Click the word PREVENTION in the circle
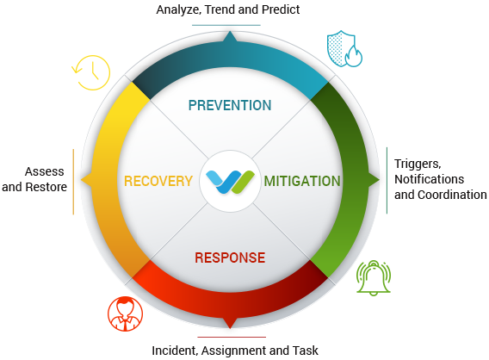click(230, 105)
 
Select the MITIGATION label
click(302, 181)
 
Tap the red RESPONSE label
click(230, 258)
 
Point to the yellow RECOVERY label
click(158, 181)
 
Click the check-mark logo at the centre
click(230, 182)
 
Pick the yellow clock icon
click(91, 72)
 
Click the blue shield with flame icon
click(344, 49)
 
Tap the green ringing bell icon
click(374, 277)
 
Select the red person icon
click(126, 313)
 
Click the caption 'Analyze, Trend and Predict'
click(228, 9)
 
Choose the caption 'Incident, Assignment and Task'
click(235, 351)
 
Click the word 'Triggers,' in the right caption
click(418, 164)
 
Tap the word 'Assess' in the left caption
click(45, 171)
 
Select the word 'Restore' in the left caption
click(46, 187)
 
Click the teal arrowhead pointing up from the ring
click(230, 36)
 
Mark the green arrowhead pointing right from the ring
click(374, 180)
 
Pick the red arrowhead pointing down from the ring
click(230, 323)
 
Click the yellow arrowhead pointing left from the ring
click(86, 180)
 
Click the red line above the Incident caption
click(232, 337)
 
